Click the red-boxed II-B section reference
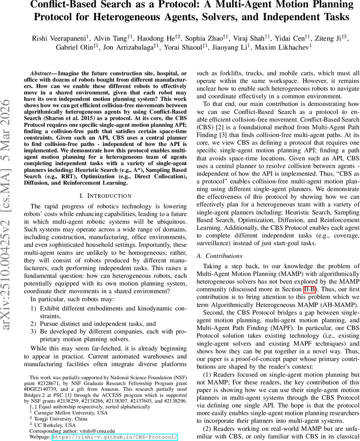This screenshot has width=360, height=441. click(313, 290)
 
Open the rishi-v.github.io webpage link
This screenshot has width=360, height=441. click(115, 437)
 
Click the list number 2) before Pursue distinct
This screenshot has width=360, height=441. click(33, 324)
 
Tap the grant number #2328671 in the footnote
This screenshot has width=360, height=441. click(48, 383)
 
